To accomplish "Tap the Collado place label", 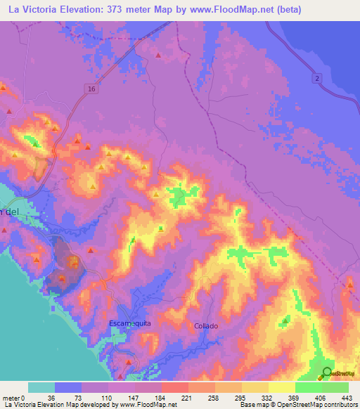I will click(x=206, y=326).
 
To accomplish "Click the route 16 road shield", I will click(x=92, y=89).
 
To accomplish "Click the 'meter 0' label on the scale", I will click(x=15, y=397).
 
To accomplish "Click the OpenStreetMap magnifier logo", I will click(x=327, y=372).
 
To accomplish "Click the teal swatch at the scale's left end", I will click(x=41, y=387).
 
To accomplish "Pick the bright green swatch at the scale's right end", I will click(x=335, y=387).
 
